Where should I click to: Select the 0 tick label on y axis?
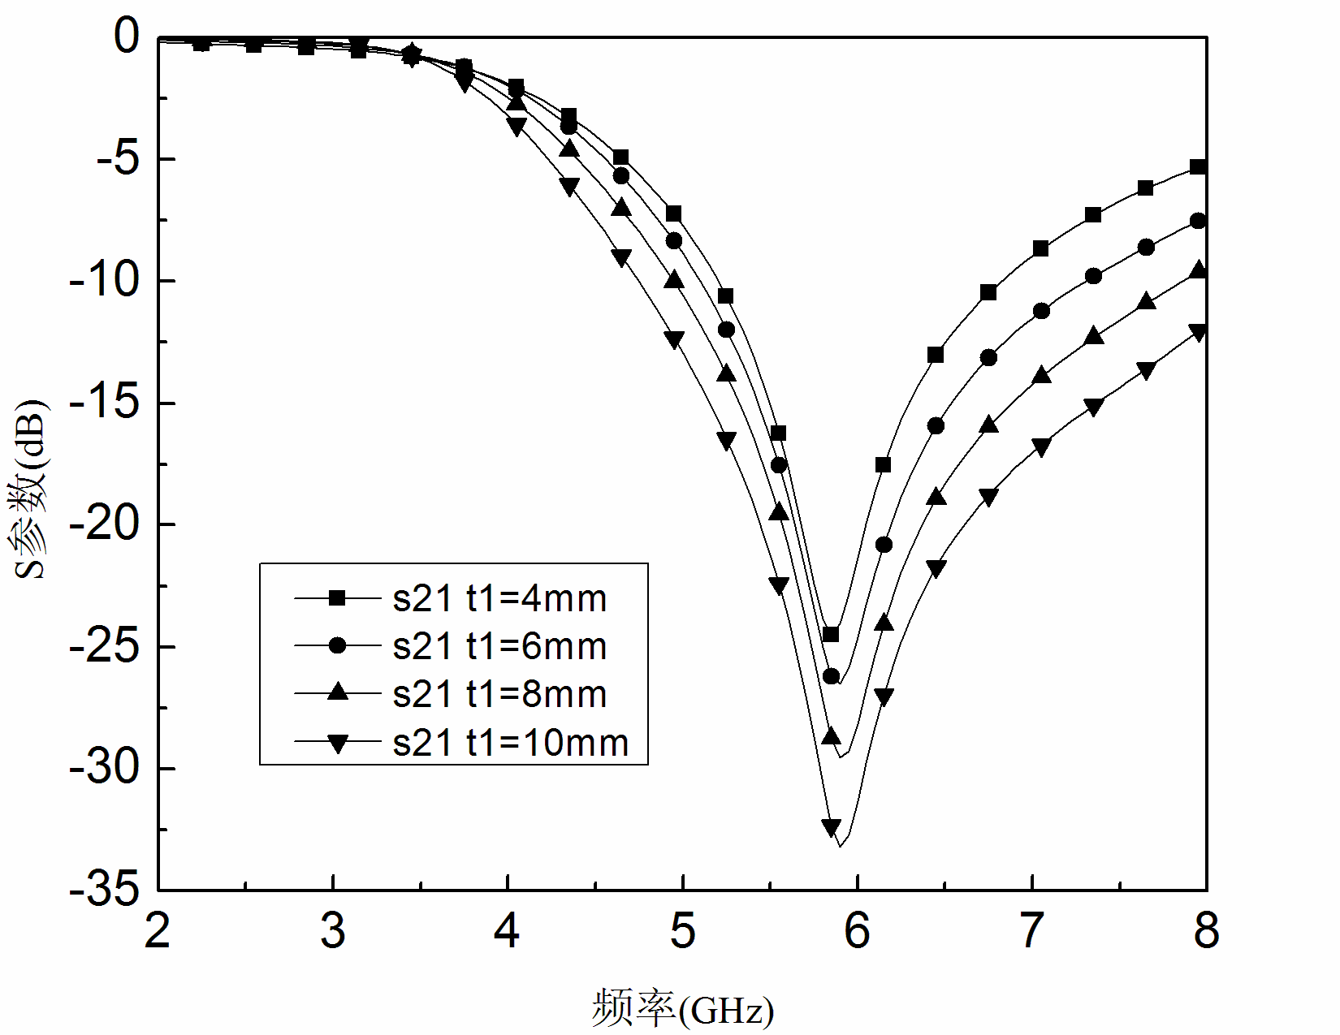pos(127,37)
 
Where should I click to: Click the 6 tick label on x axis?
pos(857,931)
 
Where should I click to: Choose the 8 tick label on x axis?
pos(1206,931)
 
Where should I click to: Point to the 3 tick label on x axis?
pos(333,931)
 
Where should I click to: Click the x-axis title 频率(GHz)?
pos(682,1009)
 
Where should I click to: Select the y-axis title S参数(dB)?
pos(31,489)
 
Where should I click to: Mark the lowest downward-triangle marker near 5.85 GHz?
pos(831,827)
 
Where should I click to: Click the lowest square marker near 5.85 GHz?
pos(831,634)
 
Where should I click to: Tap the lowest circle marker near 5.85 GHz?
pos(831,676)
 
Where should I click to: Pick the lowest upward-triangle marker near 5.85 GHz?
pos(831,736)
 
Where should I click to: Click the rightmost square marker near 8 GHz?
pos(1197,166)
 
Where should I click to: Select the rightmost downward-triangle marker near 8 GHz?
pos(1197,332)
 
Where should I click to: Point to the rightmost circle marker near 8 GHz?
pos(1197,221)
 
